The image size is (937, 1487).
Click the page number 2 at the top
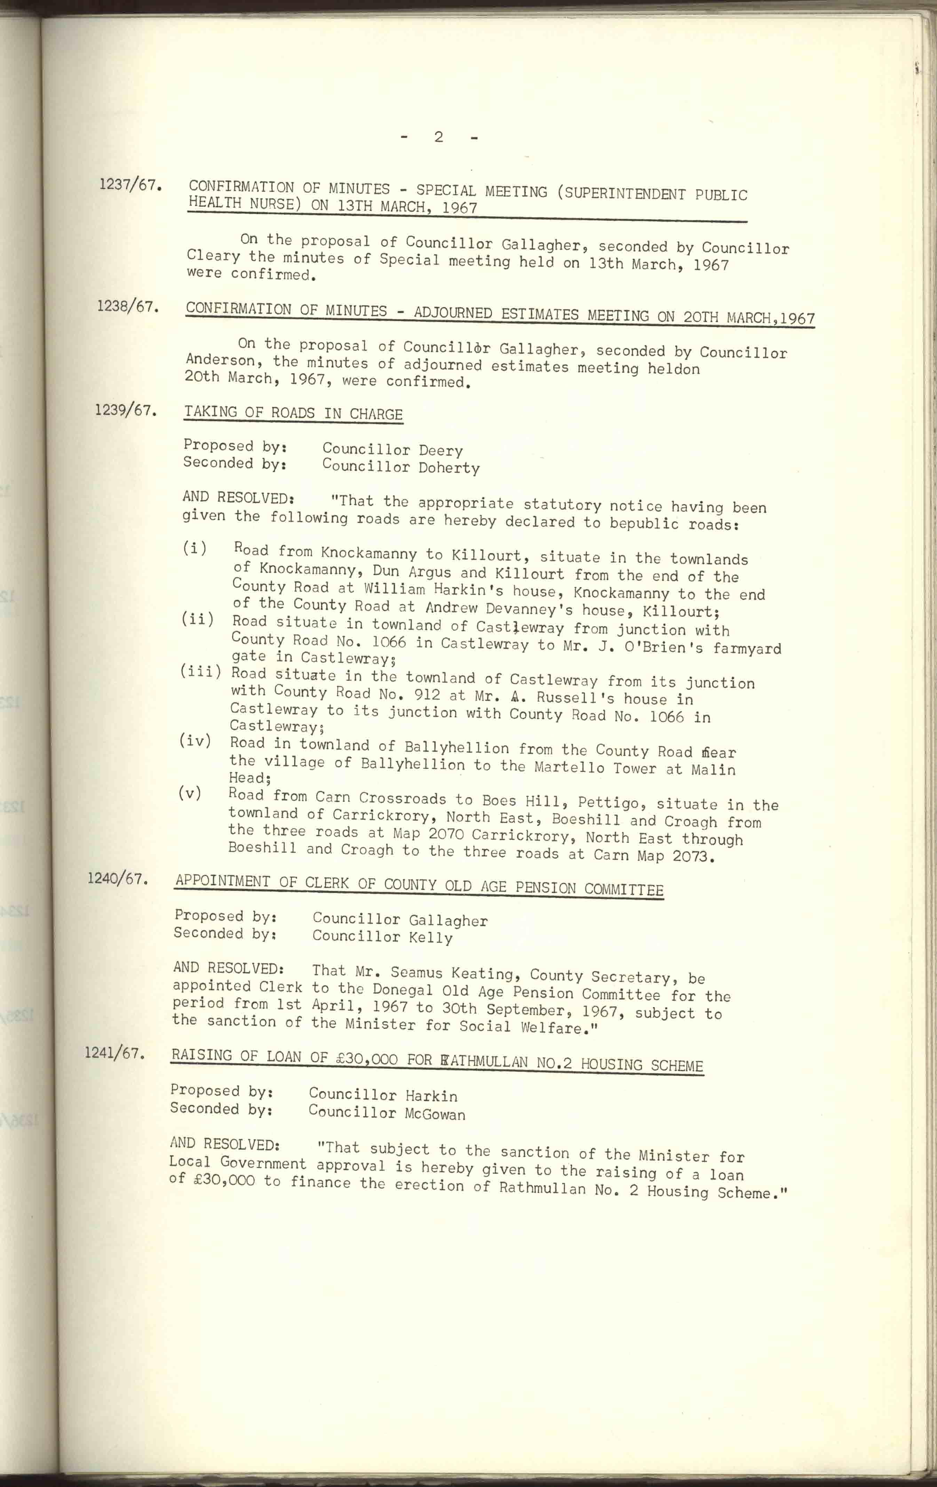(x=438, y=137)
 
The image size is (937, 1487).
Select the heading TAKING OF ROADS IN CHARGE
(x=293, y=413)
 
